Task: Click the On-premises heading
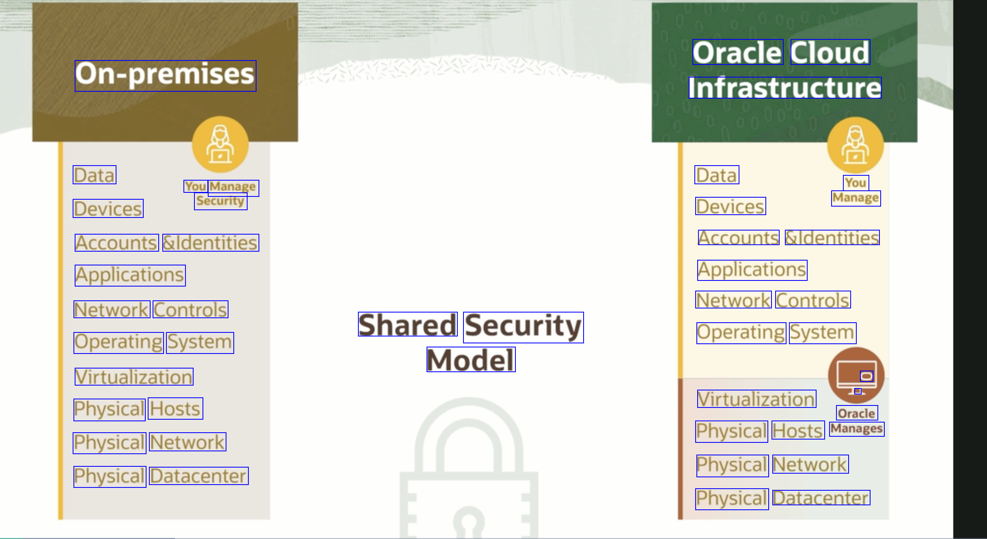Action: click(x=165, y=75)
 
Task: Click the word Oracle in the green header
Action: click(x=737, y=52)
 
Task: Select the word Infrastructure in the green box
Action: click(x=785, y=88)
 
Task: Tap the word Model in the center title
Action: click(x=471, y=360)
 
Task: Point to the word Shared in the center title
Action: click(x=407, y=324)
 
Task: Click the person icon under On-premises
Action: click(x=220, y=144)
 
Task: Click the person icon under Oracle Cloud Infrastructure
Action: click(x=856, y=145)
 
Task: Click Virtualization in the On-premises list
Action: click(x=134, y=377)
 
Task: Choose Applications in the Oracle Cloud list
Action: click(x=752, y=270)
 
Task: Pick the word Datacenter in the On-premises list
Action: click(x=198, y=476)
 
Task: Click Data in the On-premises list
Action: click(x=95, y=175)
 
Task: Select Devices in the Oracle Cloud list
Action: click(x=731, y=206)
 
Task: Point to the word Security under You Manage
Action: click(x=221, y=201)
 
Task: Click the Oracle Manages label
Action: click(x=857, y=421)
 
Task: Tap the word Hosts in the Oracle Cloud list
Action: click(x=798, y=430)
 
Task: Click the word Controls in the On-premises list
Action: click(x=190, y=309)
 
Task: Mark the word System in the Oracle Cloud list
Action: click(x=822, y=333)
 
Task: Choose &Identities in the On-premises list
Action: click(x=211, y=243)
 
